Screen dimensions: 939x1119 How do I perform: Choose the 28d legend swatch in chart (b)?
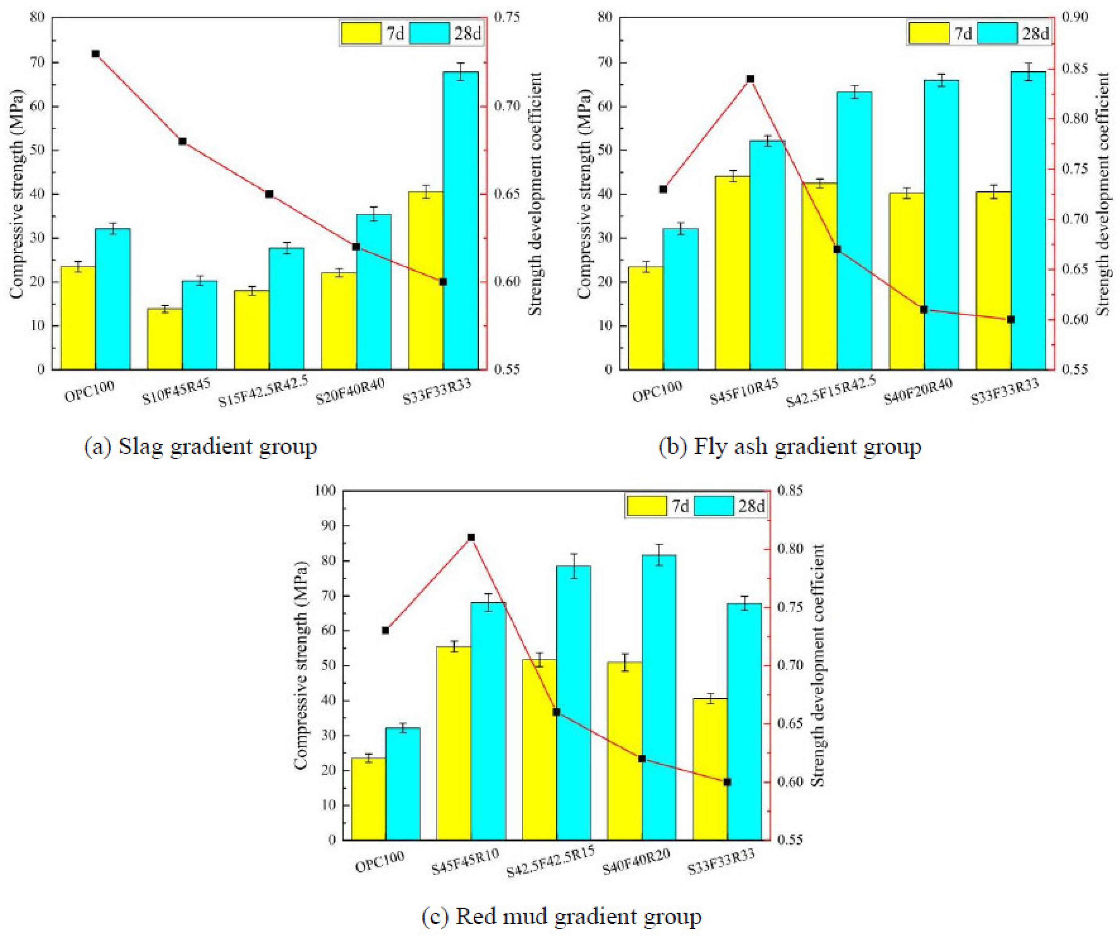pos(997,34)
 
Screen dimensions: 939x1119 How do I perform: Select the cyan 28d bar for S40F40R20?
pos(659,698)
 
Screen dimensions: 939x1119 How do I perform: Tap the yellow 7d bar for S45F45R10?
pos(454,743)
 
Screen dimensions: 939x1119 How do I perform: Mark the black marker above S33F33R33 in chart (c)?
pos(727,782)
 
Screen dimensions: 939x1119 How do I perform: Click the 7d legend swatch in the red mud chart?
pos(646,506)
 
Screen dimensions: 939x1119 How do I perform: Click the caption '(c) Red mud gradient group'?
pos(561,917)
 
